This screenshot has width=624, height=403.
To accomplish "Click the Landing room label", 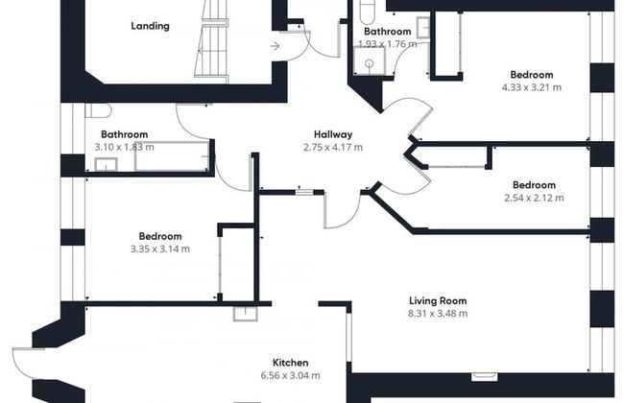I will click(150, 26).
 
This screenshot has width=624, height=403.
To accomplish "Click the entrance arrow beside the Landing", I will click(276, 45).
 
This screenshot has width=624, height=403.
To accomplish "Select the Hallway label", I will click(333, 134).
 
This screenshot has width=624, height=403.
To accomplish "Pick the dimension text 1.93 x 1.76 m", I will click(387, 44).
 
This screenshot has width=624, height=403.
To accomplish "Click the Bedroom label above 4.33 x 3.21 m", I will click(532, 75).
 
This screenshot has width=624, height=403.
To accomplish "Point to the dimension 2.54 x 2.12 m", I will click(533, 198).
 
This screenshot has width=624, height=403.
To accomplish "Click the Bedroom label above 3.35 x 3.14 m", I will click(160, 236).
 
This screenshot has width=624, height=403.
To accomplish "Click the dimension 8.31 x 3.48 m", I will click(437, 313).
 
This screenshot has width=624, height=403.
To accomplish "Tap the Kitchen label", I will click(290, 363).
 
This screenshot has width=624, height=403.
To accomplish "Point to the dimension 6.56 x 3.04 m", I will click(290, 375).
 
